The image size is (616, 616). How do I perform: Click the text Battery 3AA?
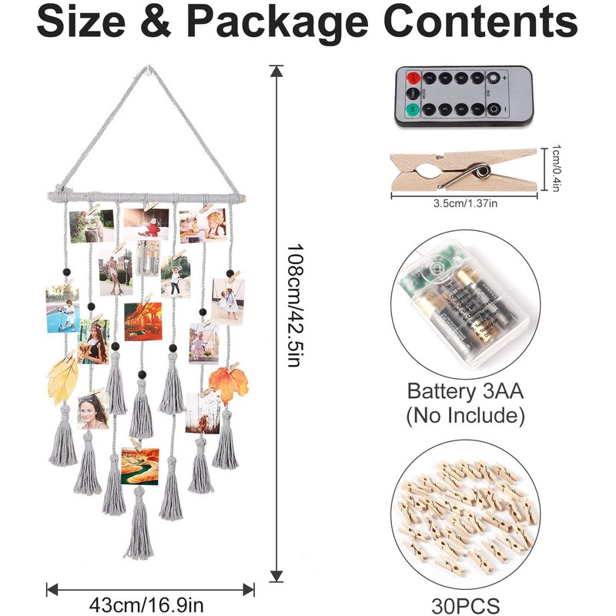pyautogui.click(x=465, y=390)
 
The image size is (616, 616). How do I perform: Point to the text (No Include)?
pyautogui.click(x=465, y=416)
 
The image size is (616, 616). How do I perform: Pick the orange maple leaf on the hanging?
pyautogui.click(x=226, y=383)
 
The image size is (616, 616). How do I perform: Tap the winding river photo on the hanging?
pyautogui.click(x=140, y=465)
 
